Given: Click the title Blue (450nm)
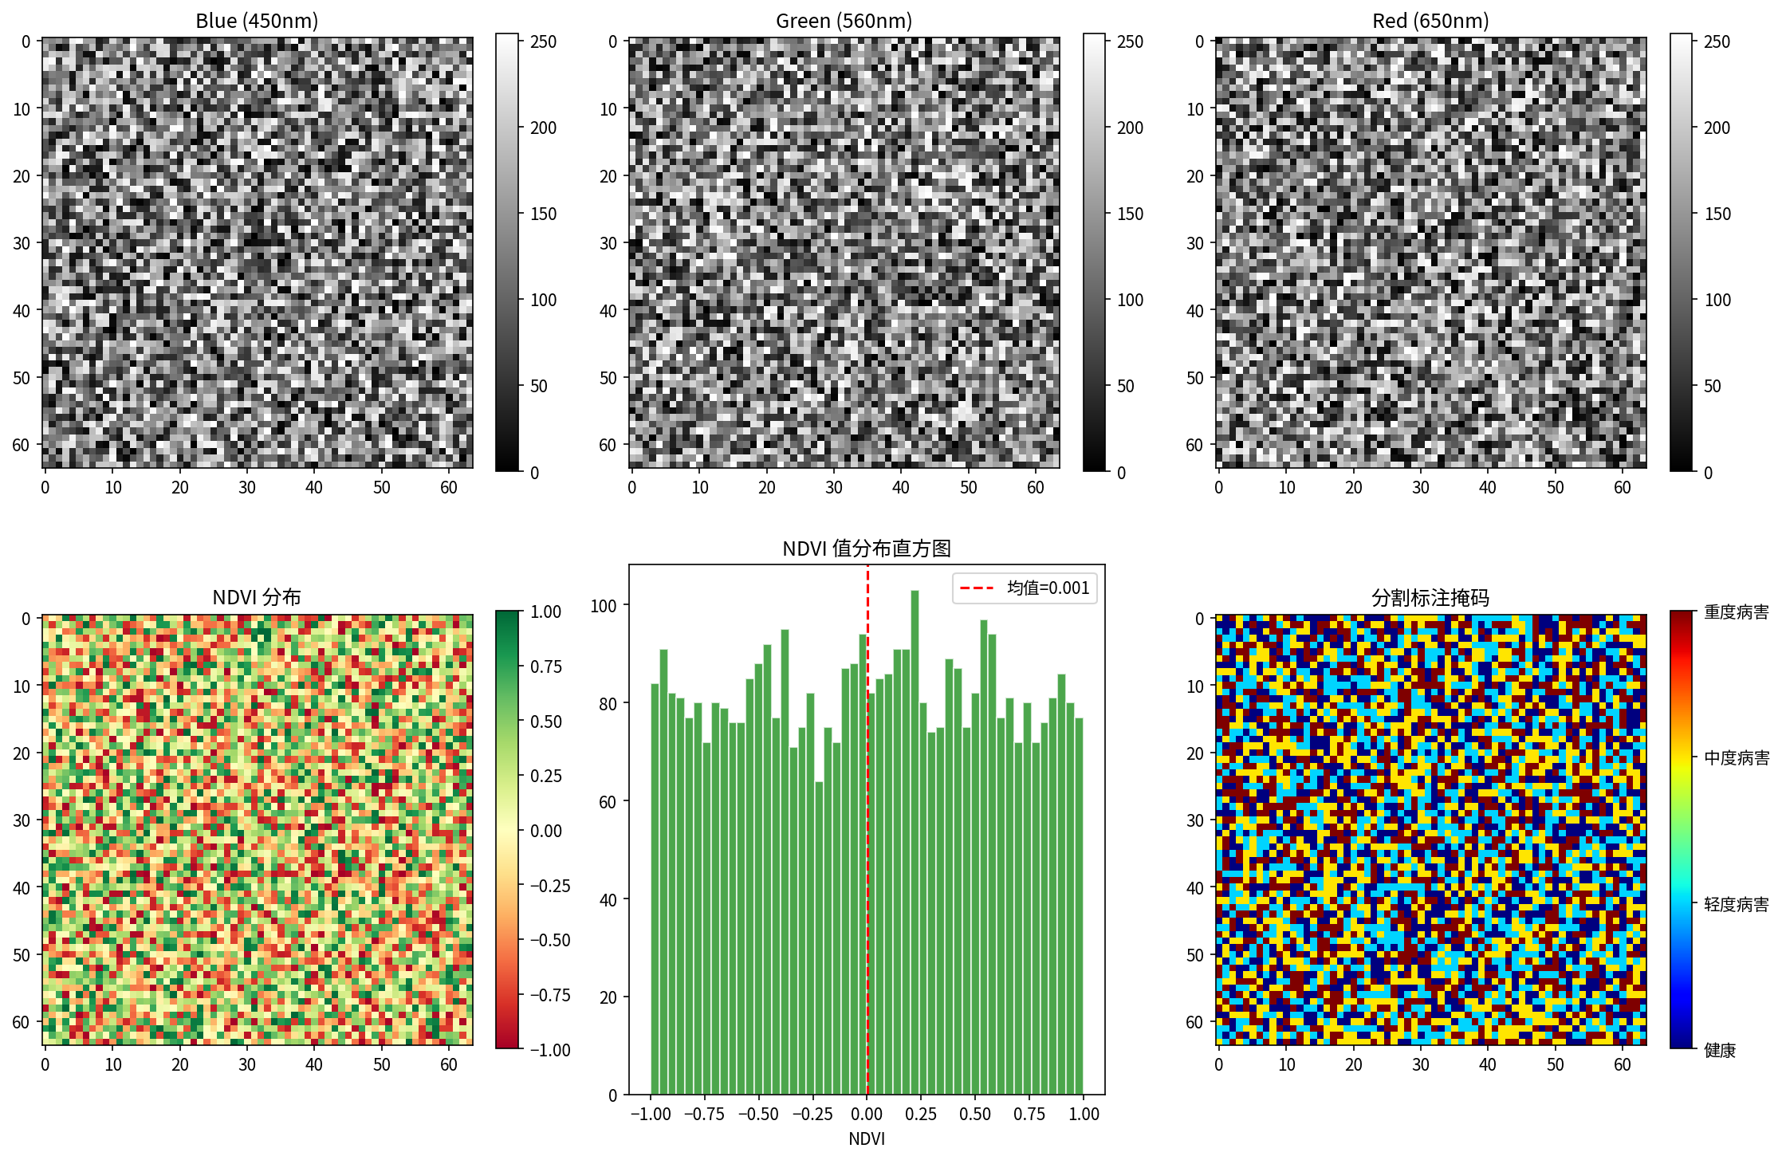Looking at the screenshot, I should click(257, 21).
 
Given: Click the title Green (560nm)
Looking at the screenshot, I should click(844, 21).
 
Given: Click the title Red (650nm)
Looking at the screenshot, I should click(1430, 21).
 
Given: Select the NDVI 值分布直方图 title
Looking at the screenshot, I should click(867, 549).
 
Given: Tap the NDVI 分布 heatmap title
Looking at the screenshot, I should click(257, 597).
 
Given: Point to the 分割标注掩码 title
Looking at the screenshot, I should click(1430, 597).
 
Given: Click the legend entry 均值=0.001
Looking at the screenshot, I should click(1047, 588).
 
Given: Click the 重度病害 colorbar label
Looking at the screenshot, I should click(1736, 612).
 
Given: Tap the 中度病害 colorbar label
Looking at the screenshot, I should click(1736, 758).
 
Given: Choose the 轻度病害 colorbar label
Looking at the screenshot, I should click(1736, 904).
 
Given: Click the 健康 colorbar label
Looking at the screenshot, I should click(1720, 1050).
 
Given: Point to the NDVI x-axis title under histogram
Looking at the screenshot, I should click(867, 1138).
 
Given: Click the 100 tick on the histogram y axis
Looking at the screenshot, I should click(604, 606).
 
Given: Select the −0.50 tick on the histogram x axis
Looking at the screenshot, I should click(757, 1114).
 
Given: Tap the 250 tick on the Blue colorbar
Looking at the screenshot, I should click(544, 42).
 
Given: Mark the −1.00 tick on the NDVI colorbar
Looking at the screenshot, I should click(550, 1050).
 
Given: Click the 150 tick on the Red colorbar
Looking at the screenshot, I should click(1717, 214).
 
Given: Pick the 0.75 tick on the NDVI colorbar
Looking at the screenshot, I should click(546, 667).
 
